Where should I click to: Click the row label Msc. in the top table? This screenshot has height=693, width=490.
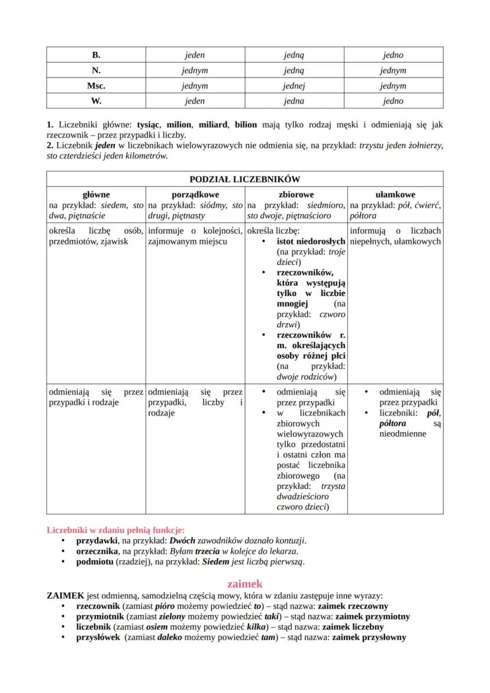[x=96, y=86]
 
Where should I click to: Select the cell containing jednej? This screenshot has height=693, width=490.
[x=294, y=86]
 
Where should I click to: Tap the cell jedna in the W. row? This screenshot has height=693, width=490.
[x=294, y=101]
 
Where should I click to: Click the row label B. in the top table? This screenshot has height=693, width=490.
[x=96, y=55]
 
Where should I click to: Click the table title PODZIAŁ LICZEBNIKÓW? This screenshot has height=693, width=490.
[x=244, y=179]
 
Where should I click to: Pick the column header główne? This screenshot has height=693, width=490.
[x=96, y=194]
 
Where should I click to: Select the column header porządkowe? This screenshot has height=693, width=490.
[x=195, y=194]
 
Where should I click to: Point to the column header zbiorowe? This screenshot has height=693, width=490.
[x=296, y=194]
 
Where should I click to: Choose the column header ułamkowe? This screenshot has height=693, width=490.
[x=395, y=194]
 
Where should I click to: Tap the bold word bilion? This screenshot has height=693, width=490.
[x=246, y=125]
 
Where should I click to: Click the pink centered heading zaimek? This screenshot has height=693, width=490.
[x=244, y=584]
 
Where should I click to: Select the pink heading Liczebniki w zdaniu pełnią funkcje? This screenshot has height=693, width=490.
[x=115, y=530]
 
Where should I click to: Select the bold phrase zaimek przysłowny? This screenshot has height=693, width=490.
[x=369, y=637]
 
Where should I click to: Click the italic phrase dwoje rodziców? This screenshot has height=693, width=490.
[x=306, y=376]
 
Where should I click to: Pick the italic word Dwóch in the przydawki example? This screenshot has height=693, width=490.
[x=182, y=541]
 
